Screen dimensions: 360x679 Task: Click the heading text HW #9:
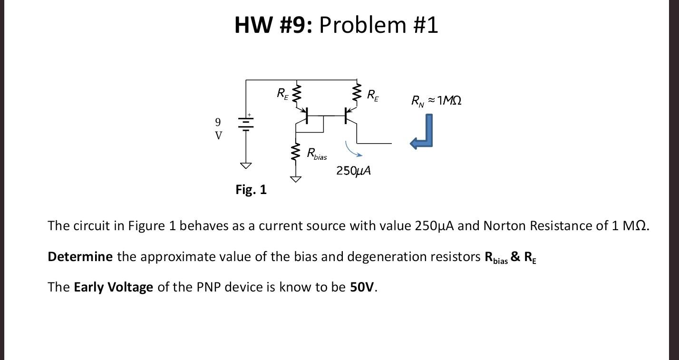click(x=273, y=25)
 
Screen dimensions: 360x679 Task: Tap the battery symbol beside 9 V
click(x=246, y=123)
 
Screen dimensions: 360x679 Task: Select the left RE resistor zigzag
click(x=296, y=94)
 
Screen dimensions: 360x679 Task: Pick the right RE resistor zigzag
click(x=357, y=94)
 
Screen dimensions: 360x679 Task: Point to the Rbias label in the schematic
click(x=317, y=154)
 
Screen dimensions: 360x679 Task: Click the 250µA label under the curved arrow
click(x=353, y=170)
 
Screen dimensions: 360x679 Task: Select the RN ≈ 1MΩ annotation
click(x=436, y=100)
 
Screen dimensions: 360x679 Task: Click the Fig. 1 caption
click(x=251, y=190)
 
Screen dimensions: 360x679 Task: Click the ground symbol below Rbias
click(x=296, y=179)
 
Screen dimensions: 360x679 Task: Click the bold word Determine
click(x=80, y=257)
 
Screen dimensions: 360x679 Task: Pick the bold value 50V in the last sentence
click(x=363, y=287)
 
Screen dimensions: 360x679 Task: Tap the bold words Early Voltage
click(x=113, y=287)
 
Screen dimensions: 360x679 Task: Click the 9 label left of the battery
click(x=218, y=122)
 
